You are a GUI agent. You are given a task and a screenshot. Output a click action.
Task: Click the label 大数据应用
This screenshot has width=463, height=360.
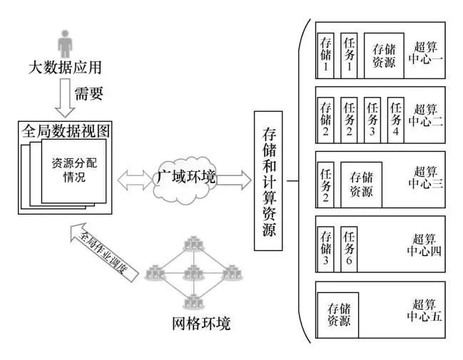(65, 68)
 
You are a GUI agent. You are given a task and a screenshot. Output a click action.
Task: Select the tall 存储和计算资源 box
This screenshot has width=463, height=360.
(269, 181)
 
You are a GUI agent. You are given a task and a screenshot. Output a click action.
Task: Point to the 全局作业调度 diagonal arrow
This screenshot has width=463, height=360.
(104, 254)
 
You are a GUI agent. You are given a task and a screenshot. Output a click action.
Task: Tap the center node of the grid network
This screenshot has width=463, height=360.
(190, 272)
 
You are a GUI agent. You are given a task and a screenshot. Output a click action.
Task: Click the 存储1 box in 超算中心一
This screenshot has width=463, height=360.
(325, 54)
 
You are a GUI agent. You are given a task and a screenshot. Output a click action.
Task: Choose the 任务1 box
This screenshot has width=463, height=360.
(350, 54)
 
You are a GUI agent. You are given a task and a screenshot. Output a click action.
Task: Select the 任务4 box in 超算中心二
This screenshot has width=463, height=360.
(396, 119)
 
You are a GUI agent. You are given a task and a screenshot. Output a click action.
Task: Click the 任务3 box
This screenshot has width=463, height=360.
(372, 119)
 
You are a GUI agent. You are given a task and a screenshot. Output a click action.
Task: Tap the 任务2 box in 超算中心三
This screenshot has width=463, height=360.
(326, 183)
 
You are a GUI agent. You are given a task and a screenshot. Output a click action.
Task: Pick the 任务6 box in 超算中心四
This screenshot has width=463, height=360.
(350, 247)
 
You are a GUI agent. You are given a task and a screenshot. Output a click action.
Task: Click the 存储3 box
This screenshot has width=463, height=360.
(326, 247)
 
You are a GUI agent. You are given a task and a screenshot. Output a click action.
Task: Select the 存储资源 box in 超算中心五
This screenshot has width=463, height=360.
(338, 314)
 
